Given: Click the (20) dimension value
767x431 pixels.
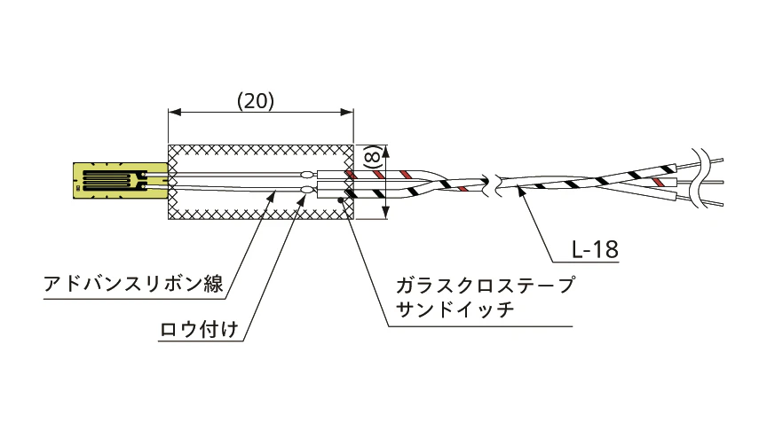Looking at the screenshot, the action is (x=256, y=101).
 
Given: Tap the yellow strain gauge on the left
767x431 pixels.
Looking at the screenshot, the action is (x=121, y=181).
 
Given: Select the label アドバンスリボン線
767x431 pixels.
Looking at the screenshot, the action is (x=133, y=284).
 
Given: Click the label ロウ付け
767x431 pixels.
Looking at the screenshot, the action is (x=199, y=329).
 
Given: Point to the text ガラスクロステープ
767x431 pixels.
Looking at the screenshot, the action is (x=485, y=285).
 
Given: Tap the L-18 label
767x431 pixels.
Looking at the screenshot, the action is (x=595, y=250).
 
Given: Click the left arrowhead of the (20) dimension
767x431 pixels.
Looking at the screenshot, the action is (x=174, y=113).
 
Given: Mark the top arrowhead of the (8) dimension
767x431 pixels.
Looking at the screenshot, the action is (x=386, y=151).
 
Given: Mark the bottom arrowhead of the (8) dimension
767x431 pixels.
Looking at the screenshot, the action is (x=386, y=213).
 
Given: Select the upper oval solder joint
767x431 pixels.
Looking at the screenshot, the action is (x=307, y=174).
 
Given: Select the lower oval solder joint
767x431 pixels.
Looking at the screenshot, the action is (x=307, y=189).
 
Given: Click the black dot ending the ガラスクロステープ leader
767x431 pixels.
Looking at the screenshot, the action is (x=341, y=199).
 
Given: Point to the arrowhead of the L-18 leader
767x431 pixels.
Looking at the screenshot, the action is (x=521, y=191).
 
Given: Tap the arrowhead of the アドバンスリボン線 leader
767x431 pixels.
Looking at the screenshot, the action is (x=272, y=195).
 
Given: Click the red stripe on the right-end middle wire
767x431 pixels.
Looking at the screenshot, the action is (x=659, y=183).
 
